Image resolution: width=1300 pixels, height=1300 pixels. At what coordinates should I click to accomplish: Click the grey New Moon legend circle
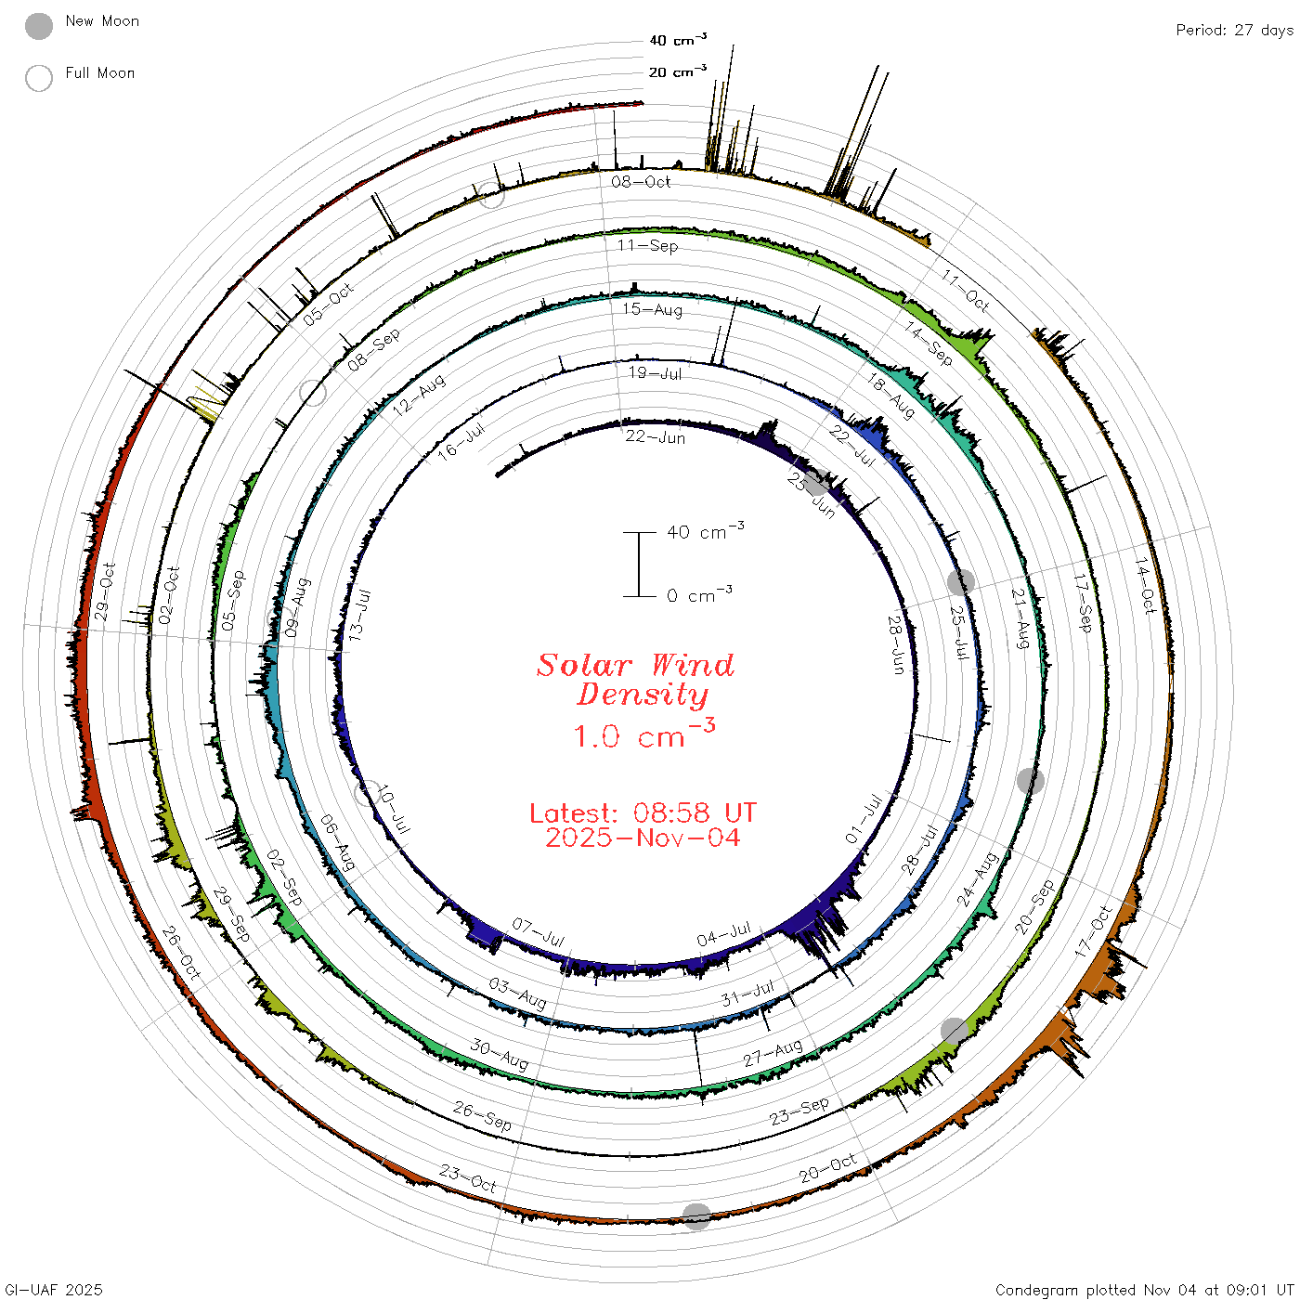coord(38,26)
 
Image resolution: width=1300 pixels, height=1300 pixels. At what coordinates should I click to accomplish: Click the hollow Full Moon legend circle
coord(38,78)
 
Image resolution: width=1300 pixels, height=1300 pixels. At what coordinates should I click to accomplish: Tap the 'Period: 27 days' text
coord(1235,31)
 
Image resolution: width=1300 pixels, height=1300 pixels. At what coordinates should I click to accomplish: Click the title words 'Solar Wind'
coord(635,665)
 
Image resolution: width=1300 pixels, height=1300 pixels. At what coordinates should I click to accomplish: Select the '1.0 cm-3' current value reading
coord(644,734)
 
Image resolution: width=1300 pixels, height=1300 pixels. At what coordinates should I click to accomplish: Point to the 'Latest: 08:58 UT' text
coord(643,812)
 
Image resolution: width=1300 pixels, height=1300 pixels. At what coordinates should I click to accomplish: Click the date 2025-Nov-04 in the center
coord(643,838)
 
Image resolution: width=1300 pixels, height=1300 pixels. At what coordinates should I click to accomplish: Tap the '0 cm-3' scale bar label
coord(699,593)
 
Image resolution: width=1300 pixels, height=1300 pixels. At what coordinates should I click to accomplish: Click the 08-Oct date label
coord(641,181)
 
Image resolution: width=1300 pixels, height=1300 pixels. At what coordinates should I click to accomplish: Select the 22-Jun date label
coord(655,436)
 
